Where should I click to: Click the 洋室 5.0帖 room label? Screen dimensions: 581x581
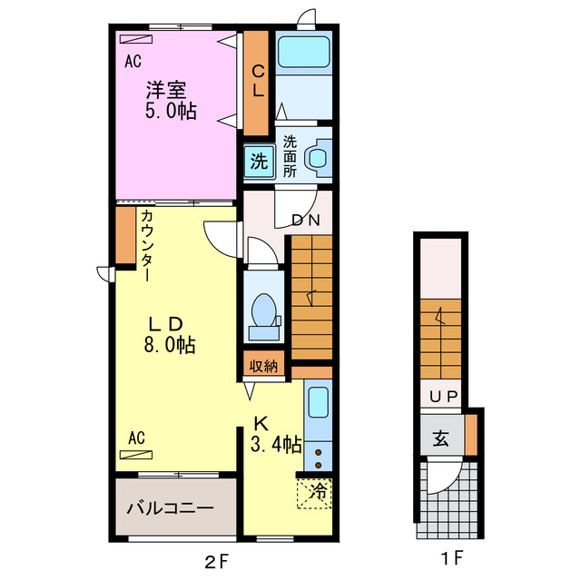171,100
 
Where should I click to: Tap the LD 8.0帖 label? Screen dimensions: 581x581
170,335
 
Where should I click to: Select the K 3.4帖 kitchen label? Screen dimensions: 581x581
276,434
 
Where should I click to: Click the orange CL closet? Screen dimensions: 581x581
256,83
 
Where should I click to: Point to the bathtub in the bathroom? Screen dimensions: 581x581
304,52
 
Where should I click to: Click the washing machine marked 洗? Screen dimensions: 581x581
259,162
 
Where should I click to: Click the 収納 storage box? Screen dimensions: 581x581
263,366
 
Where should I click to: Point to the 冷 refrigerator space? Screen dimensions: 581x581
314,493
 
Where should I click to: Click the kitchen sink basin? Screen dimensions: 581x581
319,402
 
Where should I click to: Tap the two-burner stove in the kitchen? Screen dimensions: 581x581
318,458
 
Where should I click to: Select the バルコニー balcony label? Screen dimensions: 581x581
170,507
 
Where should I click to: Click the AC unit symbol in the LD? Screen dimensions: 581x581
136,455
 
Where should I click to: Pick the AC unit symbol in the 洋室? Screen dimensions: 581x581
136,39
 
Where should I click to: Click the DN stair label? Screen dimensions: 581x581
306,220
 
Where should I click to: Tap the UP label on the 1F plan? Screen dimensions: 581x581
444,397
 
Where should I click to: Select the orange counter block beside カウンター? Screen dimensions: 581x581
125,235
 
